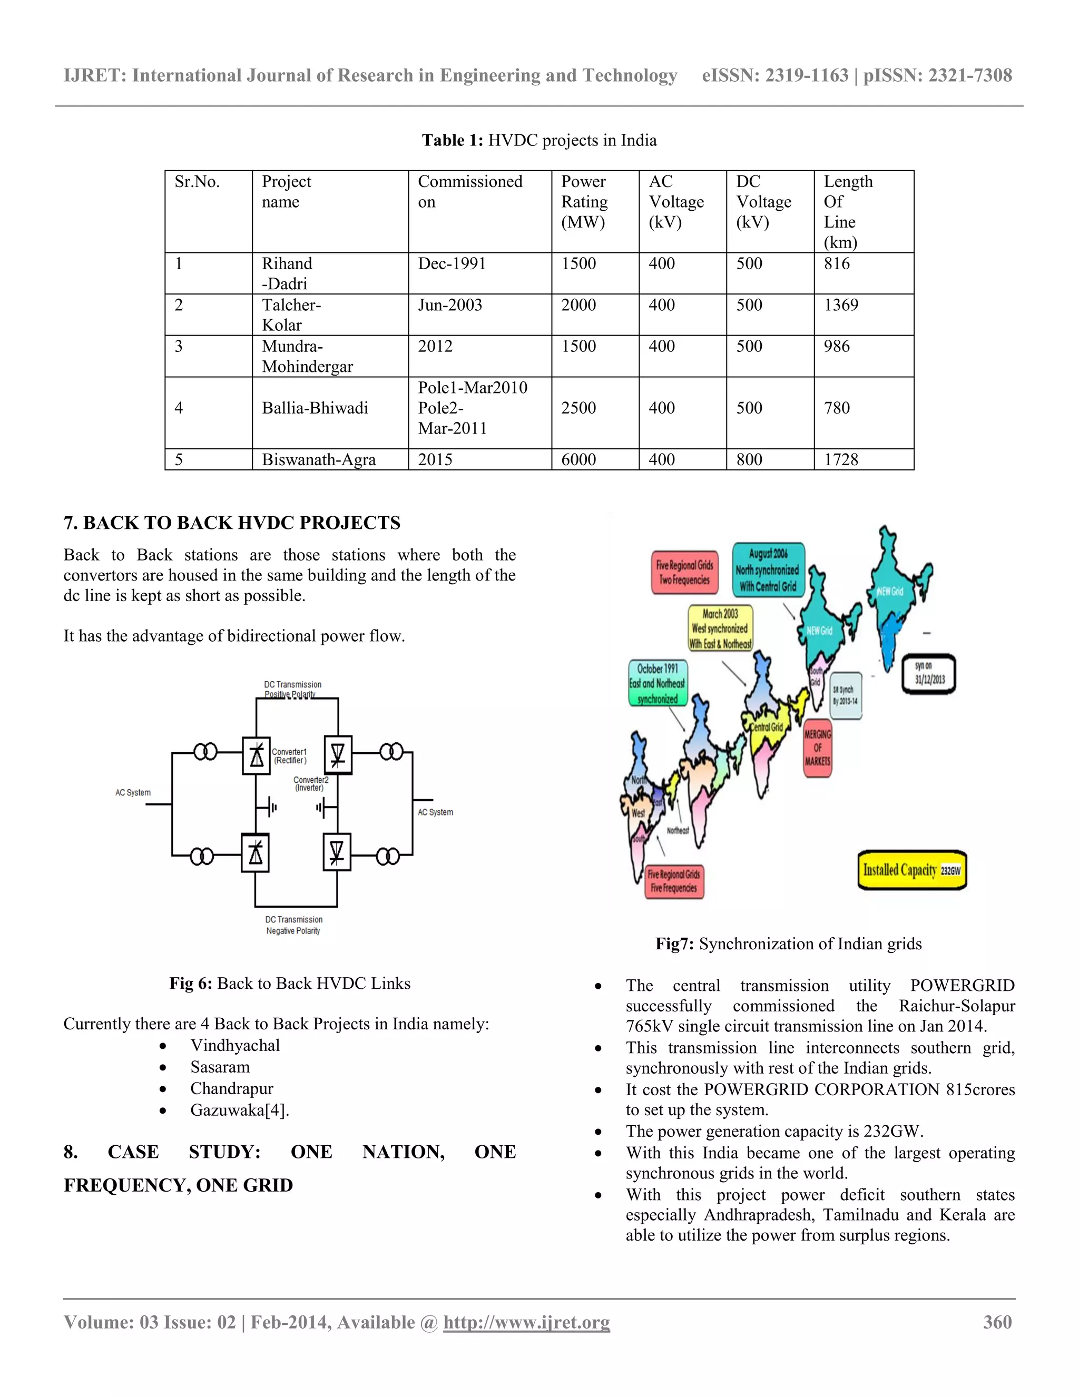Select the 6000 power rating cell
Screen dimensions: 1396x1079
pos(578,459)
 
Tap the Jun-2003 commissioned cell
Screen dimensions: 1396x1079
pos(450,305)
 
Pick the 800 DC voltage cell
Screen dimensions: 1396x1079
pos(749,459)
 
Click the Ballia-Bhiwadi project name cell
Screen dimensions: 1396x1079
pos(315,408)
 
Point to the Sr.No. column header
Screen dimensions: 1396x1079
pos(197,182)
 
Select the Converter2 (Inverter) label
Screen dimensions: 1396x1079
pos(311,784)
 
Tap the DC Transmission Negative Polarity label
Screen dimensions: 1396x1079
pos(293,925)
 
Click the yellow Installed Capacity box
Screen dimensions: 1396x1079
pos(911,870)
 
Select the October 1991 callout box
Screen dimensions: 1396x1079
pos(658,683)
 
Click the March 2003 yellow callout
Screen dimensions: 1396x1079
pos(720,629)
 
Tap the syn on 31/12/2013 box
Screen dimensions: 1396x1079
pos(929,673)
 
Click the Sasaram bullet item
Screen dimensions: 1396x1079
pos(220,1067)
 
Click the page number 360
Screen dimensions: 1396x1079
pos(997,1322)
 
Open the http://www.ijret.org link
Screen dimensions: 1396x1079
pos(527,1322)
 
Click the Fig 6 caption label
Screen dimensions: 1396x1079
pos(191,983)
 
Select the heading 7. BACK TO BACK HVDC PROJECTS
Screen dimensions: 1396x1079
pos(232,523)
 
